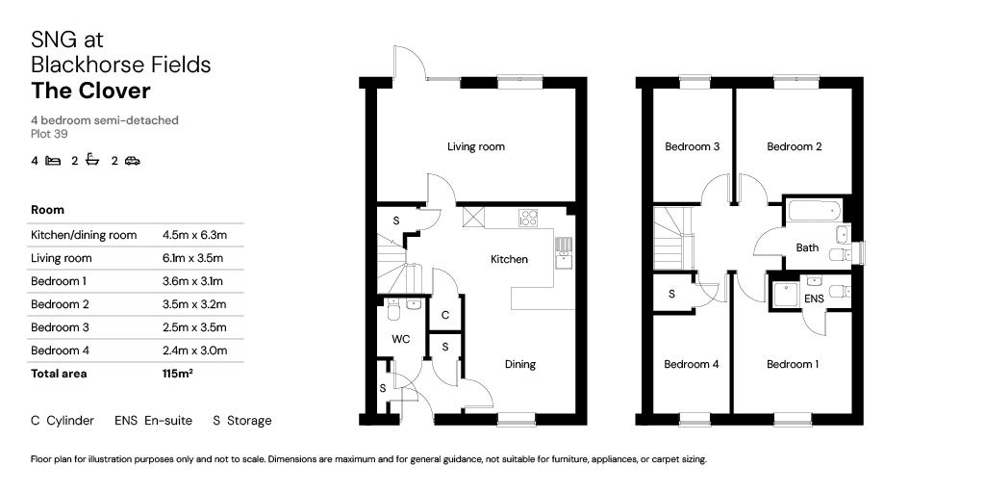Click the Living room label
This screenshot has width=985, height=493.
click(475, 147)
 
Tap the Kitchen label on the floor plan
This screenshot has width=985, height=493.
click(509, 259)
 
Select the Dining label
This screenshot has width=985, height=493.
click(519, 364)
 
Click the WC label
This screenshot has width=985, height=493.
click(401, 339)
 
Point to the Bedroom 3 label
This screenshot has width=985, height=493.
click(693, 147)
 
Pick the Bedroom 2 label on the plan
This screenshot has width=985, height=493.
click(794, 147)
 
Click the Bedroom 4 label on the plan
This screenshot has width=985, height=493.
click(691, 364)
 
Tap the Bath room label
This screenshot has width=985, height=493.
click(807, 248)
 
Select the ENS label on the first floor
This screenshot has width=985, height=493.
click(813, 299)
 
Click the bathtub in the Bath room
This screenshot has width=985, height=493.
click(813, 210)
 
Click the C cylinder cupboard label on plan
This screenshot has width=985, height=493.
click(444, 315)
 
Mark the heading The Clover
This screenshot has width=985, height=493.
click(90, 91)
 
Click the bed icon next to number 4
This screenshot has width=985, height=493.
click(53, 161)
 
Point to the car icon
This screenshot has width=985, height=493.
click(132, 161)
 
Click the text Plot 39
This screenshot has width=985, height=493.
click(49, 134)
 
